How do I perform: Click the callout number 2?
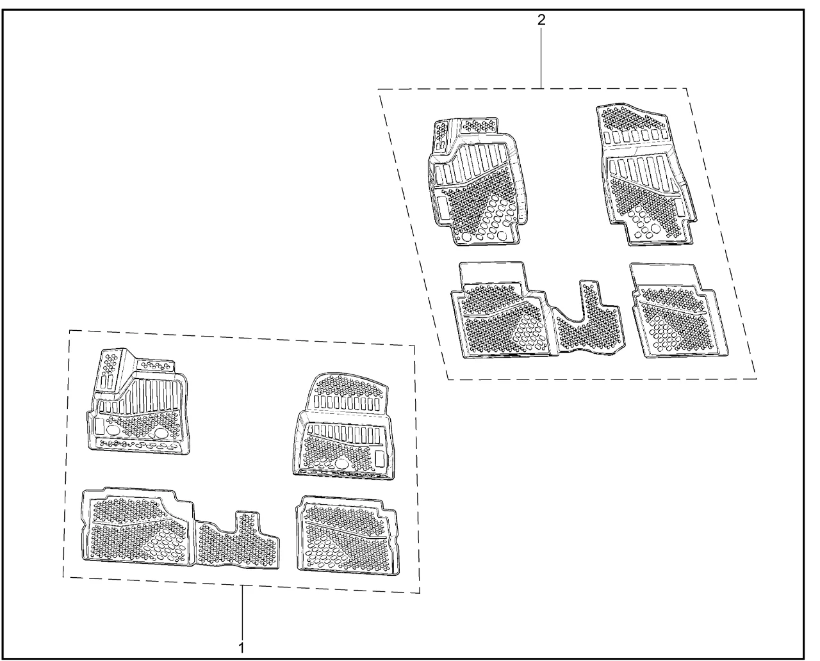(x=541, y=20)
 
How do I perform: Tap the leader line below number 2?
(x=541, y=58)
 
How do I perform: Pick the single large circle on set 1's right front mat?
(x=340, y=464)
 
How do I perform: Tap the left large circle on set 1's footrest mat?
(x=113, y=431)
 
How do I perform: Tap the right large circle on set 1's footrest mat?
(x=161, y=433)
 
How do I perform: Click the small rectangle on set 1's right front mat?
(x=380, y=459)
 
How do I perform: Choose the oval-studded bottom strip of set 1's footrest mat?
(x=138, y=445)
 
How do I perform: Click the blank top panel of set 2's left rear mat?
(x=493, y=273)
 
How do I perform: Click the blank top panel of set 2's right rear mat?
(x=664, y=275)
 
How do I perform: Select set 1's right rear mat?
(x=347, y=535)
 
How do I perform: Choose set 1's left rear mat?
(x=138, y=527)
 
